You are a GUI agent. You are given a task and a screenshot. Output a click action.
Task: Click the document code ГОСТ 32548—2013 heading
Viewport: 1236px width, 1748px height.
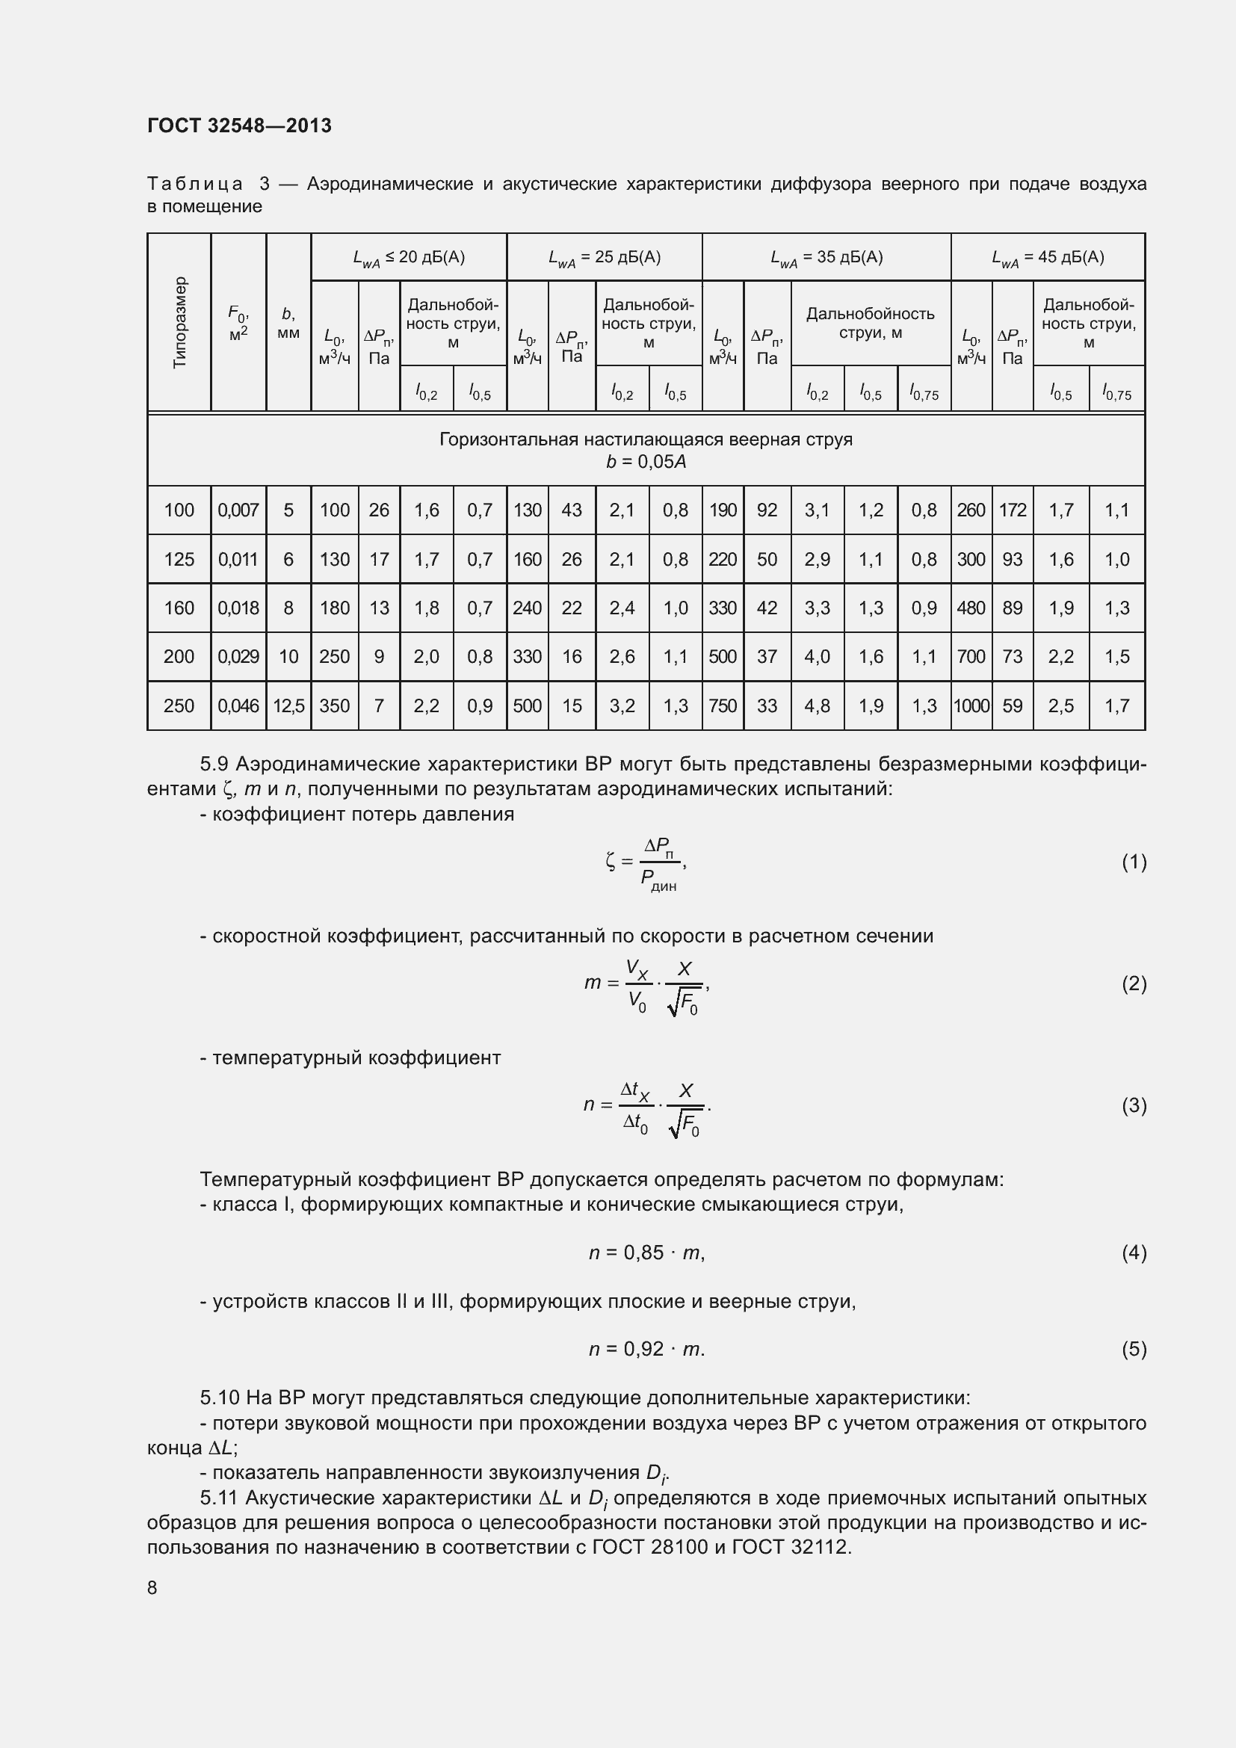tap(239, 126)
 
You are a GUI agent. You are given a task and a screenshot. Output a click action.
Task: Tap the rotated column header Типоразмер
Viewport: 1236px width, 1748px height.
tap(179, 323)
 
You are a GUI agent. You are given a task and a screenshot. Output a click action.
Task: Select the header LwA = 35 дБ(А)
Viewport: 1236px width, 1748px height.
tap(826, 257)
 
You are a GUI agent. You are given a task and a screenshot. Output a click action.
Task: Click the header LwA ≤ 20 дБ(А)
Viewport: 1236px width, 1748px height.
tap(409, 257)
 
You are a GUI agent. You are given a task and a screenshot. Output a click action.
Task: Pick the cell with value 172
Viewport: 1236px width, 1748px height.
tap(1013, 510)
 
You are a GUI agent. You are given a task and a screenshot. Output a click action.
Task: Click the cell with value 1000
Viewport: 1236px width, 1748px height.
tap(971, 705)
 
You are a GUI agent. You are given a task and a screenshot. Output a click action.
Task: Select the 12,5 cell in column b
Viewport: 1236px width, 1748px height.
tap(288, 705)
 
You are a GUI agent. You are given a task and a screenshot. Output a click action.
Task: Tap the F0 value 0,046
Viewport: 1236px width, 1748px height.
tap(238, 705)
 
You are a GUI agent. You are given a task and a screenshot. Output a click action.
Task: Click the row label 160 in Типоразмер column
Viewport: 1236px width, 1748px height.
tap(179, 608)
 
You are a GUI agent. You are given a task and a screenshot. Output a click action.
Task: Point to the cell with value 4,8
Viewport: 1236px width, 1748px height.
tap(817, 705)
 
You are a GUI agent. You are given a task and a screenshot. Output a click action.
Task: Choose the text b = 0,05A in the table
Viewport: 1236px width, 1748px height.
tap(646, 462)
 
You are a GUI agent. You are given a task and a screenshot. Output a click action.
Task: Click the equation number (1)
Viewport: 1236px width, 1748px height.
tap(1134, 862)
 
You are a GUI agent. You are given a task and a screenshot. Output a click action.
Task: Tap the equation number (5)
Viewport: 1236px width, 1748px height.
tap(1134, 1349)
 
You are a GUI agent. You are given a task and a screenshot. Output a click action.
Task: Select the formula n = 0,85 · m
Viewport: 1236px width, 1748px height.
tap(646, 1253)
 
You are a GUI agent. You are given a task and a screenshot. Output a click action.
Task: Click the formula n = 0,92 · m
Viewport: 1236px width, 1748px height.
tap(646, 1349)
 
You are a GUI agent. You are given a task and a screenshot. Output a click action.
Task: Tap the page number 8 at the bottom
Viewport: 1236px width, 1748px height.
tap(152, 1588)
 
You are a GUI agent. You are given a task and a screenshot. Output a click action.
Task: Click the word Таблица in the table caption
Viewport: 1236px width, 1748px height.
tap(196, 185)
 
